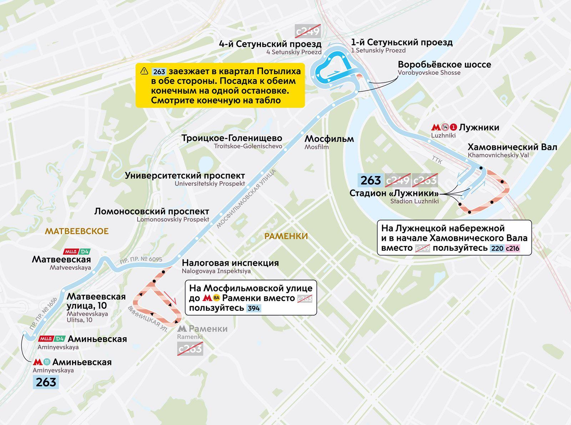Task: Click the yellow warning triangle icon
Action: (x=144, y=71)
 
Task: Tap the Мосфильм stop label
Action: (x=329, y=139)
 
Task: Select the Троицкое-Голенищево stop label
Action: (x=232, y=138)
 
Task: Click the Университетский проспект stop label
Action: (x=185, y=176)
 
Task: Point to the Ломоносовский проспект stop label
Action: (x=152, y=211)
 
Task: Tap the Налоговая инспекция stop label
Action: (x=230, y=263)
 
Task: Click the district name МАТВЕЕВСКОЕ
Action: (x=77, y=231)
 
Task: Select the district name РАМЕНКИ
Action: (x=286, y=236)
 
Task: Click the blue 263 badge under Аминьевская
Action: (x=46, y=382)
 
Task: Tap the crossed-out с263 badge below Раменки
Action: (x=190, y=349)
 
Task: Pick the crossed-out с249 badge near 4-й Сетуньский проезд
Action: (x=308, y=31)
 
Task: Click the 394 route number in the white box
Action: (x=253, y=308)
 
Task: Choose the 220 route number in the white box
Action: (x=497, y=248)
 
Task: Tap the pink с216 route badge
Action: (x=512, y=248)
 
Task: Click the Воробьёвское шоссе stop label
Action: (x=444, y=65)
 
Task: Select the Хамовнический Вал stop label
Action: (x=512, y=147)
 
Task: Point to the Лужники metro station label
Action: (x=479, y=127)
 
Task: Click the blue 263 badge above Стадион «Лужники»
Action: (x=371, y=181)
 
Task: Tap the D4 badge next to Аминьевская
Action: (x=60, y=339)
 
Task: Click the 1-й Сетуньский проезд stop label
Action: (x=401, y=42)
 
